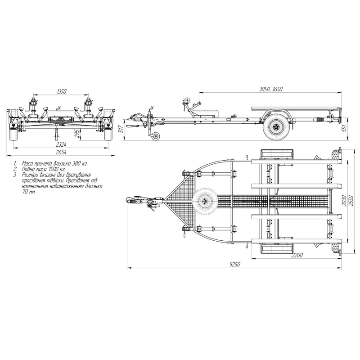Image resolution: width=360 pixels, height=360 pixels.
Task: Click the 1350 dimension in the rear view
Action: click(x=61, y=91)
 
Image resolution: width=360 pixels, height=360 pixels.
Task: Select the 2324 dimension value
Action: click(x=61, y=144)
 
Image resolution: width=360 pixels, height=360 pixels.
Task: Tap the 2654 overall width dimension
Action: click(x=61, y=152)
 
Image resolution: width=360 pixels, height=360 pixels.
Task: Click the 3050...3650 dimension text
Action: click(x=271, y=89)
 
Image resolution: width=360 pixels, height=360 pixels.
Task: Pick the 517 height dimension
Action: click(x=122, y=129)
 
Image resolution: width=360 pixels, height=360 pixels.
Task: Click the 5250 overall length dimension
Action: click(x=235, y=264)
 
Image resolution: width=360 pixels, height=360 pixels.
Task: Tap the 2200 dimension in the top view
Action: click(x=297, y=255)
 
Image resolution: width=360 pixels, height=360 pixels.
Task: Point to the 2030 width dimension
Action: click(x=344, y=201)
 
